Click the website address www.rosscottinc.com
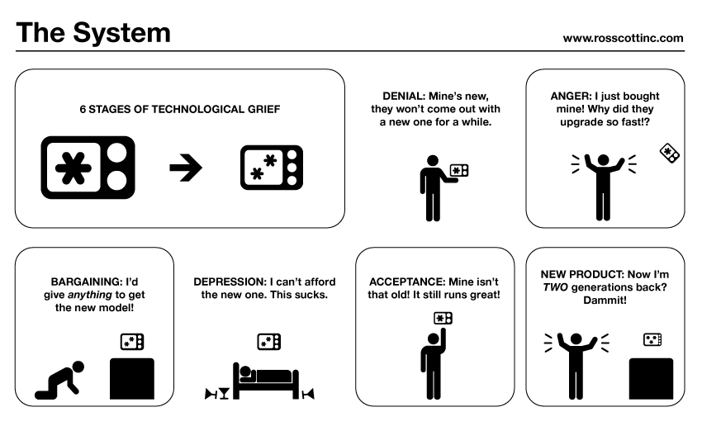(x=623, y=37)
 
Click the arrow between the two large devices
(x=186, y=168)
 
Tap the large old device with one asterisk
(x=88, y=167)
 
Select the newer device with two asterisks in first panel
(x=271, y=168)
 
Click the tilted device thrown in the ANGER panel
(x=669, y=153)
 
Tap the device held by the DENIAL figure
(x=458, y=171)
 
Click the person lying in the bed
(x=264, y=376)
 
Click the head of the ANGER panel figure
(x=603, y=159)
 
